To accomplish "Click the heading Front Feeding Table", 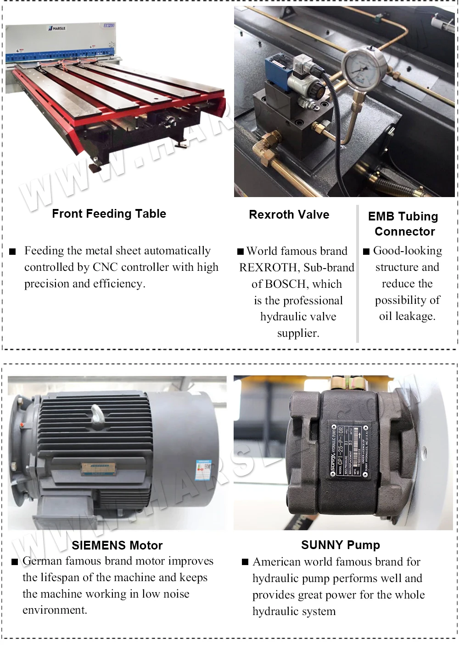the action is point(109,214).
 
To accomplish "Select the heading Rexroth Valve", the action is point(289,214).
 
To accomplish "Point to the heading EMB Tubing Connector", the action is point(403,224).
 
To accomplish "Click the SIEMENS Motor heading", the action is point(117,545).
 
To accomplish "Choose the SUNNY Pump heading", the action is point(341,545).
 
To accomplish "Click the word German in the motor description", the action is point(42,561).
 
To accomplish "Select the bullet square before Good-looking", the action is point(366,251).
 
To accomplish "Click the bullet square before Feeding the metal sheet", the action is point(13,252).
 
